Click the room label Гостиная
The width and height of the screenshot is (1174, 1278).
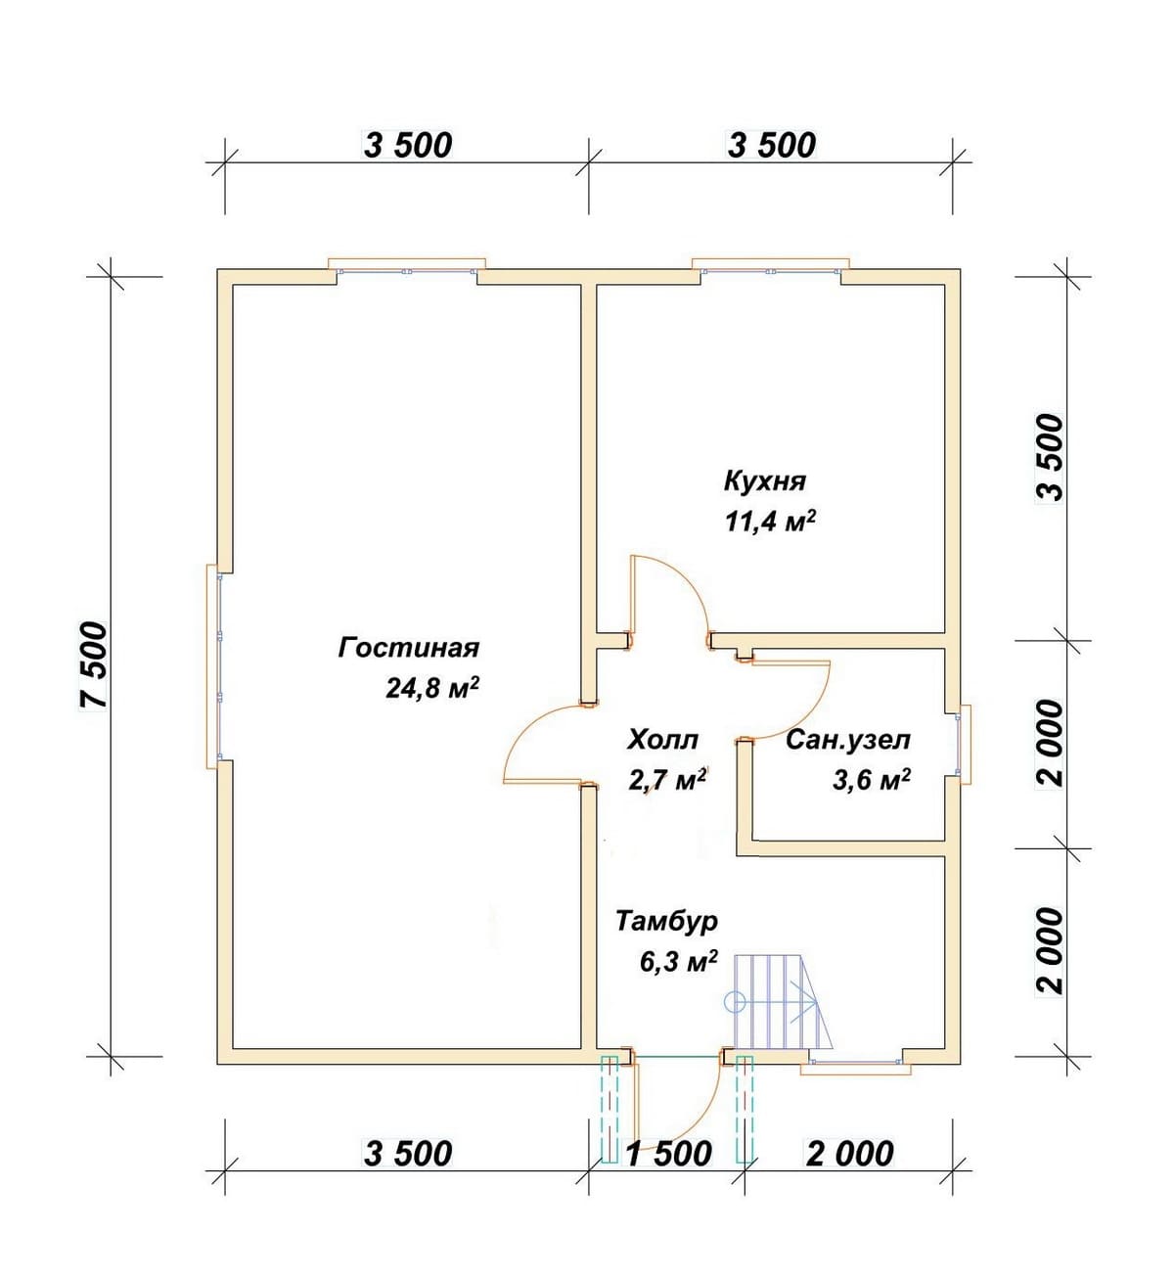click(x=408, y=649)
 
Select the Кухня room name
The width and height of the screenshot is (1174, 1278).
click(x=764, y=482)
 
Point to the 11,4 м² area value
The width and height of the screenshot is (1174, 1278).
click(x=770, y=522)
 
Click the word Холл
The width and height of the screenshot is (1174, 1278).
click(x=663, y=740)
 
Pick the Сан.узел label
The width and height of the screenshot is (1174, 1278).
click(x=848, y=741)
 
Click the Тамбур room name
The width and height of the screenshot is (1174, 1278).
click(x=667, y=922)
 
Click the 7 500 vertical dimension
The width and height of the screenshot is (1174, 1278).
click(x=91, y=664)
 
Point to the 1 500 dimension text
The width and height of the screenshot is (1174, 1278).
click(x=668, y=1153)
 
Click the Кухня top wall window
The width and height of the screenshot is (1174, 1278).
click(x=770, y=266)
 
